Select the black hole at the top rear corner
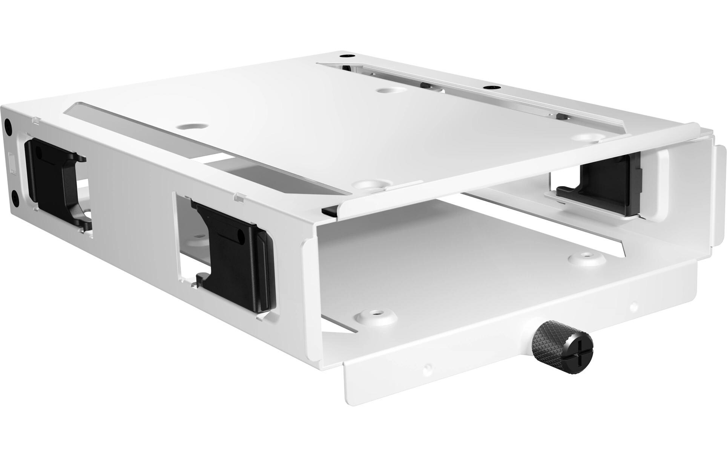click(344, 56)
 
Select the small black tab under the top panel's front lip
click(329, 210)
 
